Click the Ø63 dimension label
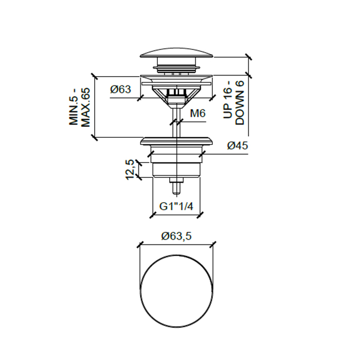[120, 89]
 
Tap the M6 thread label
[197, 113]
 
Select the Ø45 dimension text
[238, 146]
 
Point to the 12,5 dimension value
[130, 170]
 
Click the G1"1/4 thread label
[176, 207]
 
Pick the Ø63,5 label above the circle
[176, 236]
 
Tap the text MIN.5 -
[74, 111]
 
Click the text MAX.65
[86, 107]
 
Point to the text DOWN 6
[240, 103]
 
